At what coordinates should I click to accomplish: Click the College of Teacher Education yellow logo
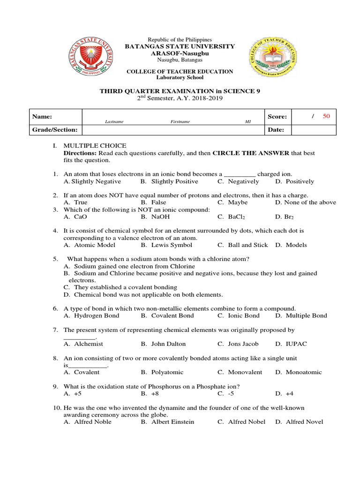pyautogui.click(x=272, y=59)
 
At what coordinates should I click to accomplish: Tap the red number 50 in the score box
pyautogui.click(x=326, y=116)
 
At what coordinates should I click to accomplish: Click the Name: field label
pyautogui.click(x=42, y=117)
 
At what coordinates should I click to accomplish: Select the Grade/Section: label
pyautogui.click(x=54, y=130)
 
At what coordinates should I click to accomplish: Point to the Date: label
pyautogui.click(x=276, y=130)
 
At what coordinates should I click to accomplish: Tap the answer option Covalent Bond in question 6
pyautogui.click(x=167, y=315)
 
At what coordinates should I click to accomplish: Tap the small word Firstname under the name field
pyautogui.click(x=180, y=122)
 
